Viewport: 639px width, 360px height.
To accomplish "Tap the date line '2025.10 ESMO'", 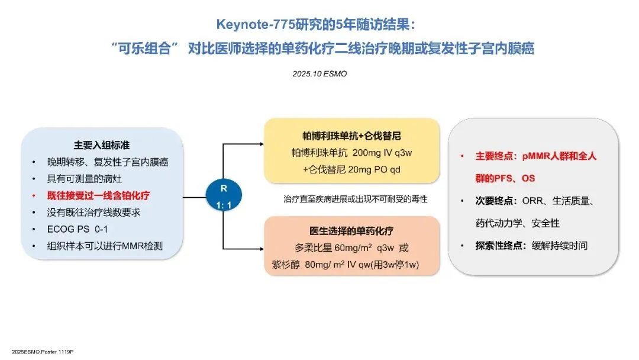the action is pyautogui.click(x=319, y=74).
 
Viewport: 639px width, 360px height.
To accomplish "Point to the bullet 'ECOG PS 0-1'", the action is pyautogui.click(x=73, y=228).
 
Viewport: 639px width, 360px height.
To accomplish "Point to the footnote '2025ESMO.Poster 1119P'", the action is pyautogui.click(x=38, y=351).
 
